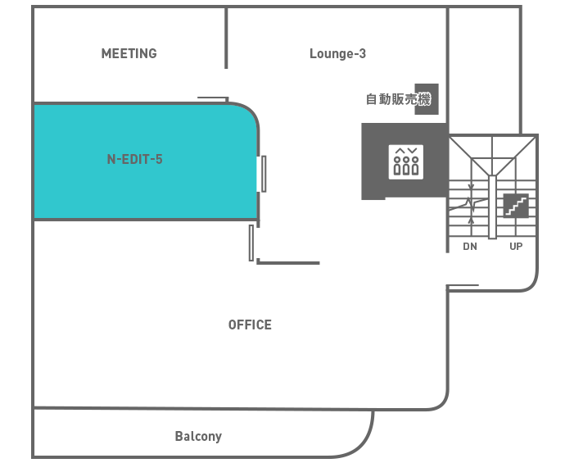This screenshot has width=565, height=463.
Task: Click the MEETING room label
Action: point(129,54)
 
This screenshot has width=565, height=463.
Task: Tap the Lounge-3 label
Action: point(337,54)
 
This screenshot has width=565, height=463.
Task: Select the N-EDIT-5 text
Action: point(135,159)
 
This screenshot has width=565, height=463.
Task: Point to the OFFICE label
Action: point(250,325)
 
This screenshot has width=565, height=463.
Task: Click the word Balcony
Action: point(198,436)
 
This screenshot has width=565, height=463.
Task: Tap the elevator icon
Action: point(405,162)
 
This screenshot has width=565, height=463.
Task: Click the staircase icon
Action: point(516,206)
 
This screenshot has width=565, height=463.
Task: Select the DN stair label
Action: point(470,247)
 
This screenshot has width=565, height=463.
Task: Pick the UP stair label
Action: point(516,247)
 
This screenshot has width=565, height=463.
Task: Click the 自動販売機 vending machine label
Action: point(398,99)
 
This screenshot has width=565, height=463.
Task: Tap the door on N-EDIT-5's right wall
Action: point(264,174)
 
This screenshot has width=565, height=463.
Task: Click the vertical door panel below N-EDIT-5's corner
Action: point(251,243)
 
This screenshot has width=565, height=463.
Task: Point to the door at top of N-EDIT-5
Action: point(213,99)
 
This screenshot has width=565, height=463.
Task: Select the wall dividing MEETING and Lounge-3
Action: point(226,38)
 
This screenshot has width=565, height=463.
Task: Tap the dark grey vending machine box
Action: point(427,99)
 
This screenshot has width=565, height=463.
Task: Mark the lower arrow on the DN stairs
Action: point(471,220)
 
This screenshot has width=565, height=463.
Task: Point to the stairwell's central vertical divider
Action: point(492,207)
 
